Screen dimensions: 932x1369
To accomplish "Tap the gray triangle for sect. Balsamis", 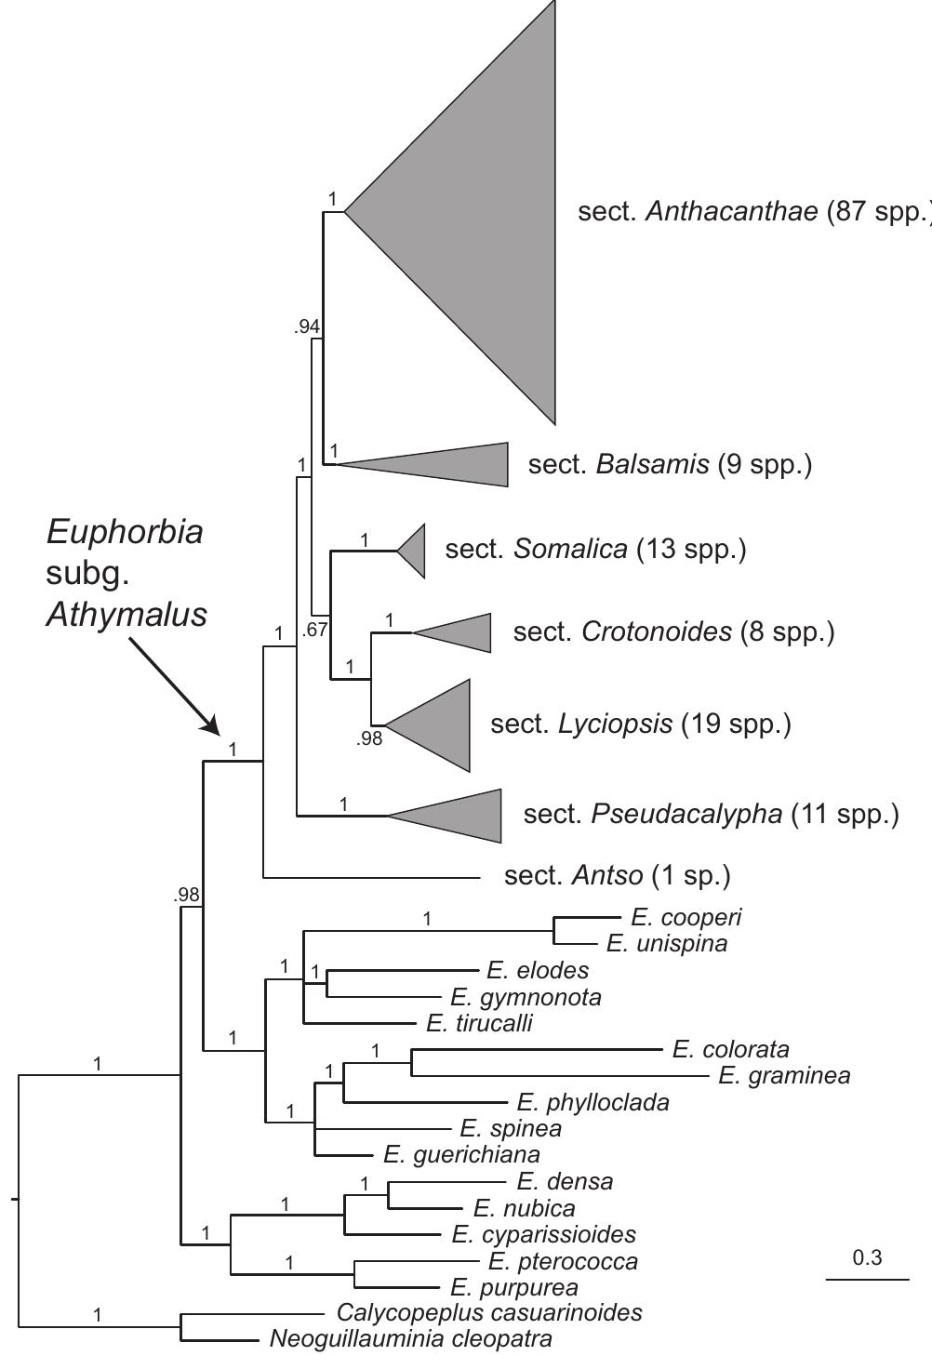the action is [x=452, y=464].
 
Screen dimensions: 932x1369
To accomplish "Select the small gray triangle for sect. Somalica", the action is [x=415, y=551].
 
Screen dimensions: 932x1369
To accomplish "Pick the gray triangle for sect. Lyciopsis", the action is [x=441, y=725].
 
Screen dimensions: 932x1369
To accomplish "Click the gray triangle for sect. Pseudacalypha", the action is [x=464, y=816].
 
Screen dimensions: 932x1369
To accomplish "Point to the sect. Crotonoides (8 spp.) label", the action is [x=673, y=631].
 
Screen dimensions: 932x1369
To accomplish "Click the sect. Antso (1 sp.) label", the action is [x=618, y=876].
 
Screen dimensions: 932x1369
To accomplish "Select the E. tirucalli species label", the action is [x=479, y=1023].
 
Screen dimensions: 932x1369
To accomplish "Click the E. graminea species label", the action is [x=784, y=1076].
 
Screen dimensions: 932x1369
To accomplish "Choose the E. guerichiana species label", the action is [x=461, y=1154].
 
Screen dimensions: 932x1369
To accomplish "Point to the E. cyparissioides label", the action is [x=544, y=1234].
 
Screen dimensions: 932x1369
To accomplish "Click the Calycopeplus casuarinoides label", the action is [x=489, y=1312].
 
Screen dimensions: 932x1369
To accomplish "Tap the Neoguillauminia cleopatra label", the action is [x=411, y=1338].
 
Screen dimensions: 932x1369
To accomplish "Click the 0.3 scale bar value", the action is [x=867, y=1257].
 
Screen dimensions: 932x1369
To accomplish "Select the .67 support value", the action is [x=314, y=630].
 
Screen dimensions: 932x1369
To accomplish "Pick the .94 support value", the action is [x=307, y=327].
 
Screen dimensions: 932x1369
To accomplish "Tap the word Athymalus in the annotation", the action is [x=126, y=615].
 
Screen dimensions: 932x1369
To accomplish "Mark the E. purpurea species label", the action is [x=514, y=1287].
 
